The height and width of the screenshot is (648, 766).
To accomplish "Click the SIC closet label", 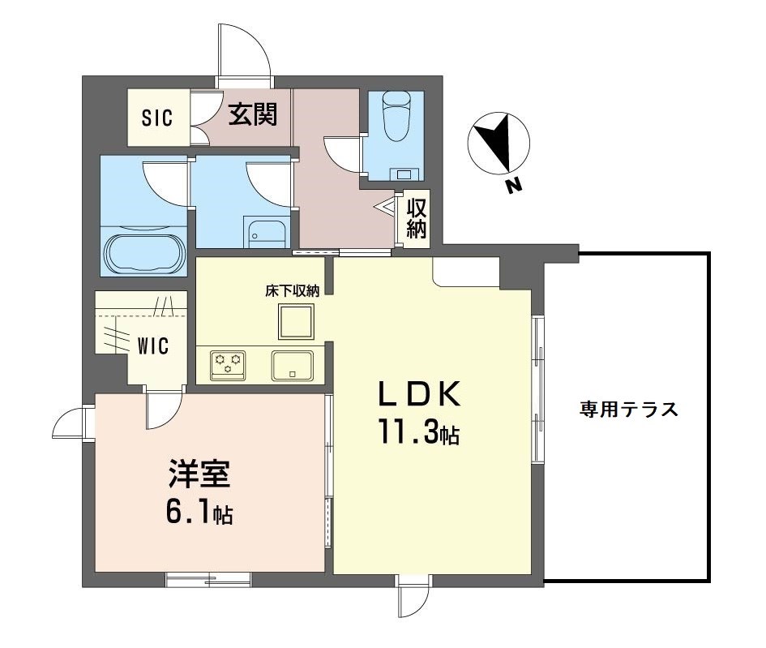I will tap(157, 118).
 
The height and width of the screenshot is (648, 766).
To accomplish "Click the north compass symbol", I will tap(499, 144).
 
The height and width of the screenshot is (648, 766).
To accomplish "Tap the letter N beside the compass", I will tap(512, 187).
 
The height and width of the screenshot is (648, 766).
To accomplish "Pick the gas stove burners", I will tap(228, 363).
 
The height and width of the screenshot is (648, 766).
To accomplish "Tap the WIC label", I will tap(152, 346).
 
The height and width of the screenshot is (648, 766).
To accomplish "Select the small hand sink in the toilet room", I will tap(404, 173).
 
